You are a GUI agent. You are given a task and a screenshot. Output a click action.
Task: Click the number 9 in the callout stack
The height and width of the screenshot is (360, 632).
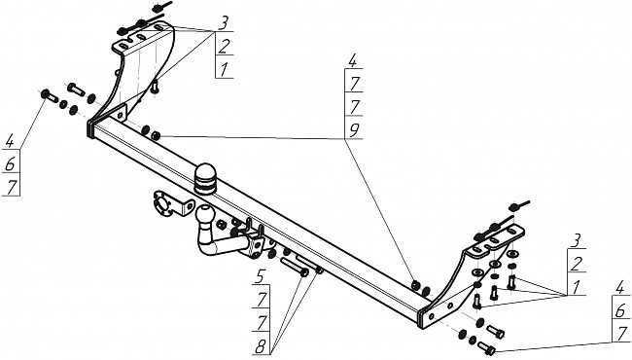[354, 130]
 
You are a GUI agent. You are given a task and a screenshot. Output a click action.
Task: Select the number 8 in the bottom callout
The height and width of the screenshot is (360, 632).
[261, 345]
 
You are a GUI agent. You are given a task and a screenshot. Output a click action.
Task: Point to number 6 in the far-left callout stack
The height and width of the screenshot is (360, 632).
[11, 164]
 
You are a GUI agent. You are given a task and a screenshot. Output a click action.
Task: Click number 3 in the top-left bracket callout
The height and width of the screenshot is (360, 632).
[222, 23]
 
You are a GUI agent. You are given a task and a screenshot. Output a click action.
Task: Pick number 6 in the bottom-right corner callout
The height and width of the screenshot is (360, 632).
[620, 310]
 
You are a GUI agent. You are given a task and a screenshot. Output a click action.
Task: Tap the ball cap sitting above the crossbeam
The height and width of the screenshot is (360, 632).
[205, 178]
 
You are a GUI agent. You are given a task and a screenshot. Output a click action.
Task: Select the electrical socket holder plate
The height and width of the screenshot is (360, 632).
[169, 202]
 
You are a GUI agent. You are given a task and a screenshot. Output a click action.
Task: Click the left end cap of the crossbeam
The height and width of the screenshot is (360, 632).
[90, 128]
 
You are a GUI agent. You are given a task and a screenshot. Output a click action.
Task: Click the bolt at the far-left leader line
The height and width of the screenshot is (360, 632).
[50, 96]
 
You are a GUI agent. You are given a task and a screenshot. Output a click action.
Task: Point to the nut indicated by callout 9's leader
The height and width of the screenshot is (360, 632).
[156, 136]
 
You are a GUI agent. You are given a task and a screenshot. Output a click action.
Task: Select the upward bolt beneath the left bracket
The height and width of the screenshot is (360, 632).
[155, 87]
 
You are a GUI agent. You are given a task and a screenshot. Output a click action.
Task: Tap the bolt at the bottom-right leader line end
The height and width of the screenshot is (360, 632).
[486, 348]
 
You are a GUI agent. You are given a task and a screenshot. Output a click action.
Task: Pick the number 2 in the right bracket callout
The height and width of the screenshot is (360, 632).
[577, 264]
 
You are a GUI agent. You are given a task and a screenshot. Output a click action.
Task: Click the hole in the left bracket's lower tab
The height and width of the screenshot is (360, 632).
[120, 115]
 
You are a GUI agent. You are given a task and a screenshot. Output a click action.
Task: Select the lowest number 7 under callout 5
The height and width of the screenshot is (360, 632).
[262, 322]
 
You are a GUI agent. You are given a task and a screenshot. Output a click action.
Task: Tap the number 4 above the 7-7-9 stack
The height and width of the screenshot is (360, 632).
[352, 61]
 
